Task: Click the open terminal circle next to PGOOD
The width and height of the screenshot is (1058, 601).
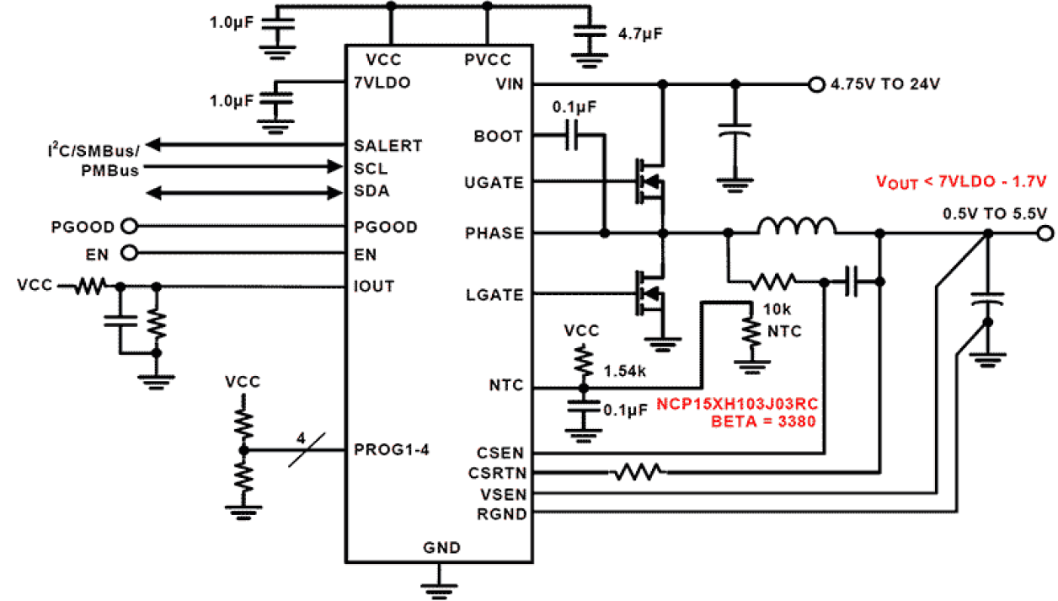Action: point(129,226)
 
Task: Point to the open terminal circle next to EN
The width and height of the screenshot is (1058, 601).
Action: point(129,253)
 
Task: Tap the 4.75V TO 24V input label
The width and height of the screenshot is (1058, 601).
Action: point(885,84)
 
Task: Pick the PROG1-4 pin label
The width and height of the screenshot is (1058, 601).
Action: point(392,450)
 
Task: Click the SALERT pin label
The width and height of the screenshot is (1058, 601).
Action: point(388,145)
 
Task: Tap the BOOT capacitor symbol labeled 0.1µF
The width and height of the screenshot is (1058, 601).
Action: point(573,136)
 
